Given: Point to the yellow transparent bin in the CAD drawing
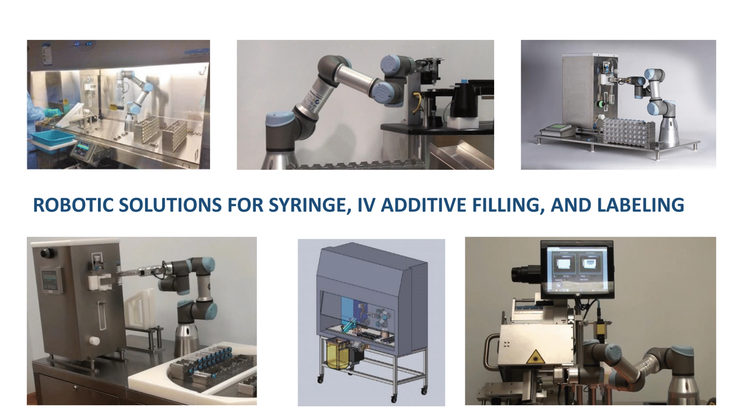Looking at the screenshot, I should (x=340, y=355).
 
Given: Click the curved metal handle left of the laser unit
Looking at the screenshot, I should (x=491, y=353).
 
